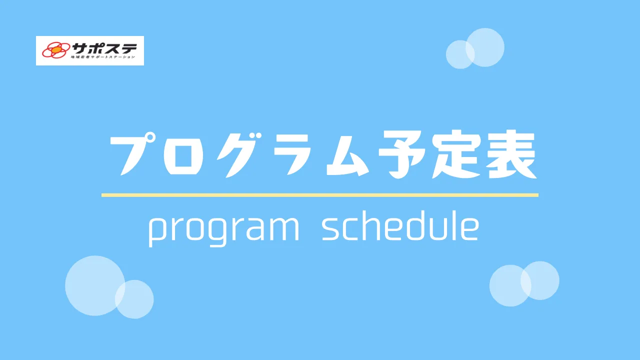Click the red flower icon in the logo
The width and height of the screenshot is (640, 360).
click(56, 50)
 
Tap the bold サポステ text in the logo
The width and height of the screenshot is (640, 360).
click(104, 48)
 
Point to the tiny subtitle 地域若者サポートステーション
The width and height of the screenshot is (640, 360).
click(103, 57)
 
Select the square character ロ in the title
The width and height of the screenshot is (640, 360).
click(183, 155)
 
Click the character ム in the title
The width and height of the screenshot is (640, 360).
click(347, 154)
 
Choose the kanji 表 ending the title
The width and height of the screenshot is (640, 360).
click(511, 154)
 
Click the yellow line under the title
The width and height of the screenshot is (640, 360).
click(320, 195)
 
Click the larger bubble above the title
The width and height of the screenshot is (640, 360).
click(485, 47)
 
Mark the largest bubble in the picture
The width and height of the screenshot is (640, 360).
click(95, 285)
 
